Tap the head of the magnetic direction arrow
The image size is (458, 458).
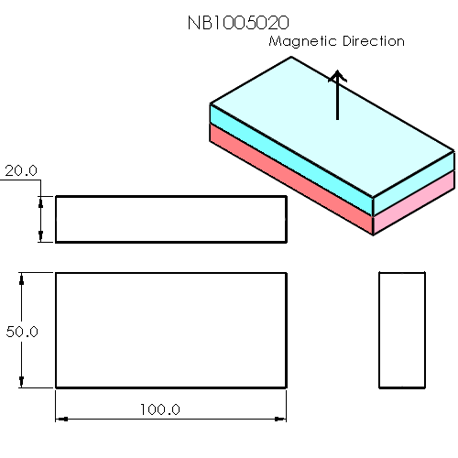(338, 76)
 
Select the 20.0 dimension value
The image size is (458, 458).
(21, 170)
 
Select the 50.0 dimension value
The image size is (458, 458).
(21, 332)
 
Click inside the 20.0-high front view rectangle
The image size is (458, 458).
(170, 219)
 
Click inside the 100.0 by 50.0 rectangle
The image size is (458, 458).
(170, 330)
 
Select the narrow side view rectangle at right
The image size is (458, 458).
(402, 330)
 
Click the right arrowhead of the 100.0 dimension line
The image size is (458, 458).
(279, 419)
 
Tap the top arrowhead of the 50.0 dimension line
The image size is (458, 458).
(22, 278)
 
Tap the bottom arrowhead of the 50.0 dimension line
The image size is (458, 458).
(22, 382)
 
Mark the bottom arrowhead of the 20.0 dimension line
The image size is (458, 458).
(40, 237)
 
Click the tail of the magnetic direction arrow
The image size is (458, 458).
(338, 119)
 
